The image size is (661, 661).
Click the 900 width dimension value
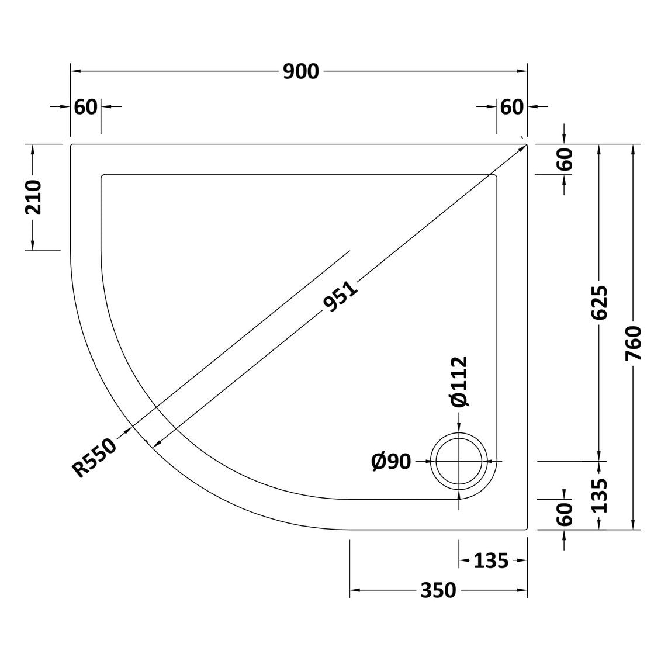[300, 72]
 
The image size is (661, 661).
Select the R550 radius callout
[94, 458]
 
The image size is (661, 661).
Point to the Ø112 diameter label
[459, 382]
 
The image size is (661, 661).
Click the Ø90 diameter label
[391, 462]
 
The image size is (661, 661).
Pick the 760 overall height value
[633, 342]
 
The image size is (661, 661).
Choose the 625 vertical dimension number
[599, 302]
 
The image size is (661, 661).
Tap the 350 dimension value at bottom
[438, 590]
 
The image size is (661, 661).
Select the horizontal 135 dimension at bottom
[491, 560]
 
